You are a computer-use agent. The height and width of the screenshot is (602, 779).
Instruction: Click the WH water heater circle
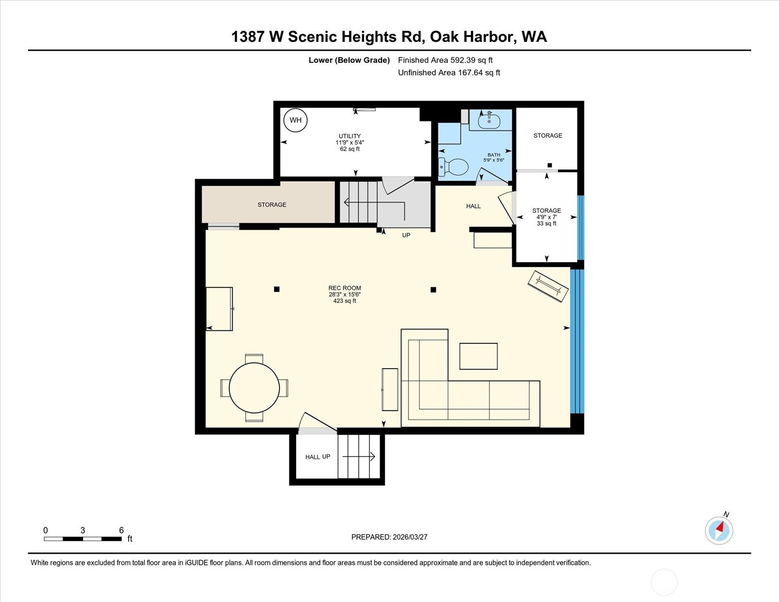(296, 120)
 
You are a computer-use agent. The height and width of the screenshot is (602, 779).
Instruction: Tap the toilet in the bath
(454, 167)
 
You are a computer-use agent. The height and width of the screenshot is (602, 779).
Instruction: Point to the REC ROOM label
(345, 288)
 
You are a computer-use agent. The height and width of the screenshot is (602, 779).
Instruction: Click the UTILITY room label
(350, 136)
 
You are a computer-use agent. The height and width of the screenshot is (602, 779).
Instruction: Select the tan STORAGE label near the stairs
(272, 205)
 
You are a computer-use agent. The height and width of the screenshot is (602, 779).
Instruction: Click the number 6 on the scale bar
(121, 530)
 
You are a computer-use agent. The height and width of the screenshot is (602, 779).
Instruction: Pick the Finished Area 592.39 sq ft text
(445, 60)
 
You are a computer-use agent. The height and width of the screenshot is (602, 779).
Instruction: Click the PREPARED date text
(389, 537)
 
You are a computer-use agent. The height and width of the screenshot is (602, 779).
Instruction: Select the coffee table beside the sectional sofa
(478, 356)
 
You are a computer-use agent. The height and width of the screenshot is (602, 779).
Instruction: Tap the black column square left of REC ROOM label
(277, 289)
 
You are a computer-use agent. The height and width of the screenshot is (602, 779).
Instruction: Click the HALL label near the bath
(473, 206)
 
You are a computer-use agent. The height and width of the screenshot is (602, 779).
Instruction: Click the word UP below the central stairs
(406, 235)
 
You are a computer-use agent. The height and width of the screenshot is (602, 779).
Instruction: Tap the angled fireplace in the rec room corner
(549, 286)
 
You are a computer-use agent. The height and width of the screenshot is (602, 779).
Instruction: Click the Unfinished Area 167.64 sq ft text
(449, 73)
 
